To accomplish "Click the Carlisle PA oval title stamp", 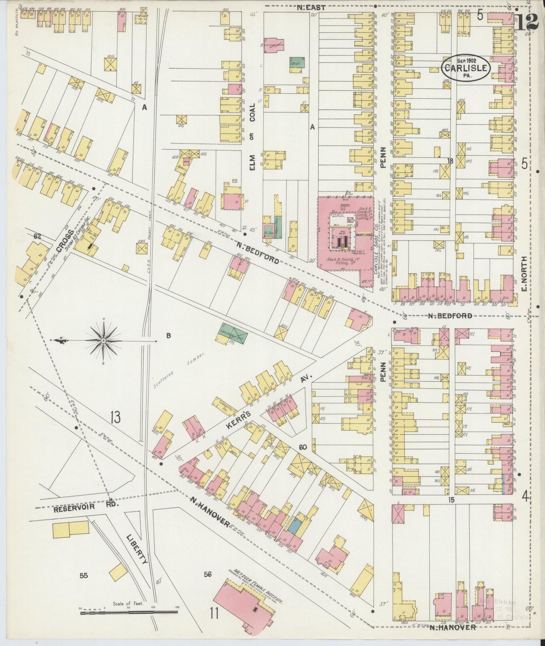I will point(466,68).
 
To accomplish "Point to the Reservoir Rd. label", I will point(76,510).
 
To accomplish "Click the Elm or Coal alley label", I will point(252,139).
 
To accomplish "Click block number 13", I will point(115,418).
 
